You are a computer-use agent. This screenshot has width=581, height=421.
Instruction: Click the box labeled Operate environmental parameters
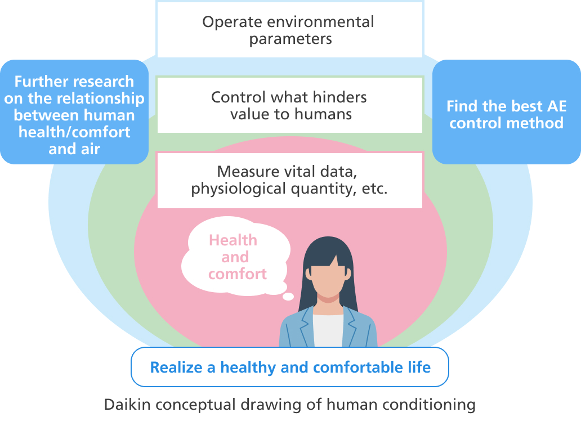pos(289,30)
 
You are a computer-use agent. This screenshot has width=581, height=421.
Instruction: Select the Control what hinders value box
pos(289,105)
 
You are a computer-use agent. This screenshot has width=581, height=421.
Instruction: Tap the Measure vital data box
pos(289,180)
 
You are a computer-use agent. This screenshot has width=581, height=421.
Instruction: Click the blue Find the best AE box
pos(506,114)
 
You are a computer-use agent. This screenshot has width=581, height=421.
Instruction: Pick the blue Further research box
pos(74,114)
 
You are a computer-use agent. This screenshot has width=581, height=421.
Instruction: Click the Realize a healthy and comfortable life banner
pos(290,368)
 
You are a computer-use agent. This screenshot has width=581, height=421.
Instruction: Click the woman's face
pos(329,276)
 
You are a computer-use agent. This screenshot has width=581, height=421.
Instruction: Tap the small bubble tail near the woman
pos(288,297)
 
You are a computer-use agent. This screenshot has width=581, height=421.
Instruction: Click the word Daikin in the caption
pos(123,404)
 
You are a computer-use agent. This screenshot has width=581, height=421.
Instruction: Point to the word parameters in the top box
pos(290,39)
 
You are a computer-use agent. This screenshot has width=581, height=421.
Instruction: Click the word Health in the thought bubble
pos(233,240)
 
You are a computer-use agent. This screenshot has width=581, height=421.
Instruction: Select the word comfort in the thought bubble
pos(237,274)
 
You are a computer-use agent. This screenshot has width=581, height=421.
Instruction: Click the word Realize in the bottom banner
pos(175,368)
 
